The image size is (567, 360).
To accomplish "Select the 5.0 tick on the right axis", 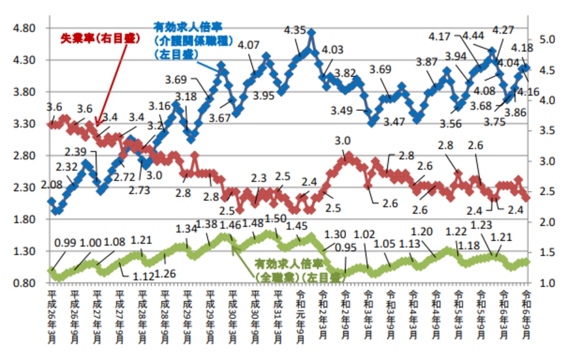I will (x=545, y=39).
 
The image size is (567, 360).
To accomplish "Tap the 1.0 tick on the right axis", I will (x=545, y=283).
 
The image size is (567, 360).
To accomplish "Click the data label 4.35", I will (x=295, y=30).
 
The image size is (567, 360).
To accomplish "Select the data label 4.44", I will (x=474, y=37).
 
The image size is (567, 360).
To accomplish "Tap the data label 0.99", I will (x=67, y=243).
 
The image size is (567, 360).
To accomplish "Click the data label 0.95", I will (x=347, y=248).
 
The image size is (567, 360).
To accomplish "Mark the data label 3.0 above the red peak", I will (x=343, y=141).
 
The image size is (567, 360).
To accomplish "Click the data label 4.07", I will (x=248, y=44).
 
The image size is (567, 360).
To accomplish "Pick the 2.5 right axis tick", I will (x=545, y=192).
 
